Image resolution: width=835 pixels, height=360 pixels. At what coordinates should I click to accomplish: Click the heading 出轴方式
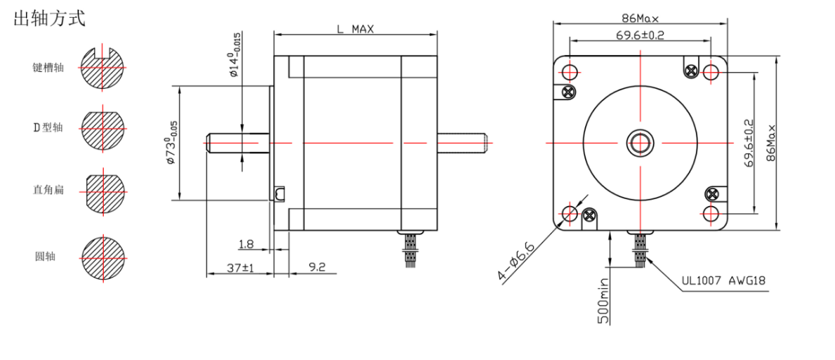(49, 19)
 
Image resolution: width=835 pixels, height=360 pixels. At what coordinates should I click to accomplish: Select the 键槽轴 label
(48, 68)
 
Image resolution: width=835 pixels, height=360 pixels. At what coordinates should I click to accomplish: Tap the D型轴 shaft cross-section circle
(103, 128)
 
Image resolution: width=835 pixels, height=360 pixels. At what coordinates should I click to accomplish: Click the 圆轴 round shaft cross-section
(103, 256)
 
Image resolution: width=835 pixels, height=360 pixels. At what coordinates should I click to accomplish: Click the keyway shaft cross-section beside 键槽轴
(103, 68)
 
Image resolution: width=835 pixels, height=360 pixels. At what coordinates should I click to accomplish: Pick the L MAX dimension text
(355, 29)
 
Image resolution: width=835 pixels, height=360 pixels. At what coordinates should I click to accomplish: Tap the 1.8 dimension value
(246, 245)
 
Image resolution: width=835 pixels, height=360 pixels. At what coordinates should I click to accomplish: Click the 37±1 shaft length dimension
(240, 268)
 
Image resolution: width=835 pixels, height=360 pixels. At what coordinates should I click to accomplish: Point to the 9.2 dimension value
(317, 268)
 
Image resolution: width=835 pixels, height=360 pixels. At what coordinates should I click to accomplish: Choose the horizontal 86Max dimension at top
(640, 18)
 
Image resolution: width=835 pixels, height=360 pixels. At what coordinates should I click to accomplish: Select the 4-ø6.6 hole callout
(518, 260)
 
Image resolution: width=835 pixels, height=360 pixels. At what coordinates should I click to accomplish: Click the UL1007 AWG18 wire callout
(723, 281)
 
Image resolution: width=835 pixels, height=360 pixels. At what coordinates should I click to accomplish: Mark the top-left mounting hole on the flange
(570, 72)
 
